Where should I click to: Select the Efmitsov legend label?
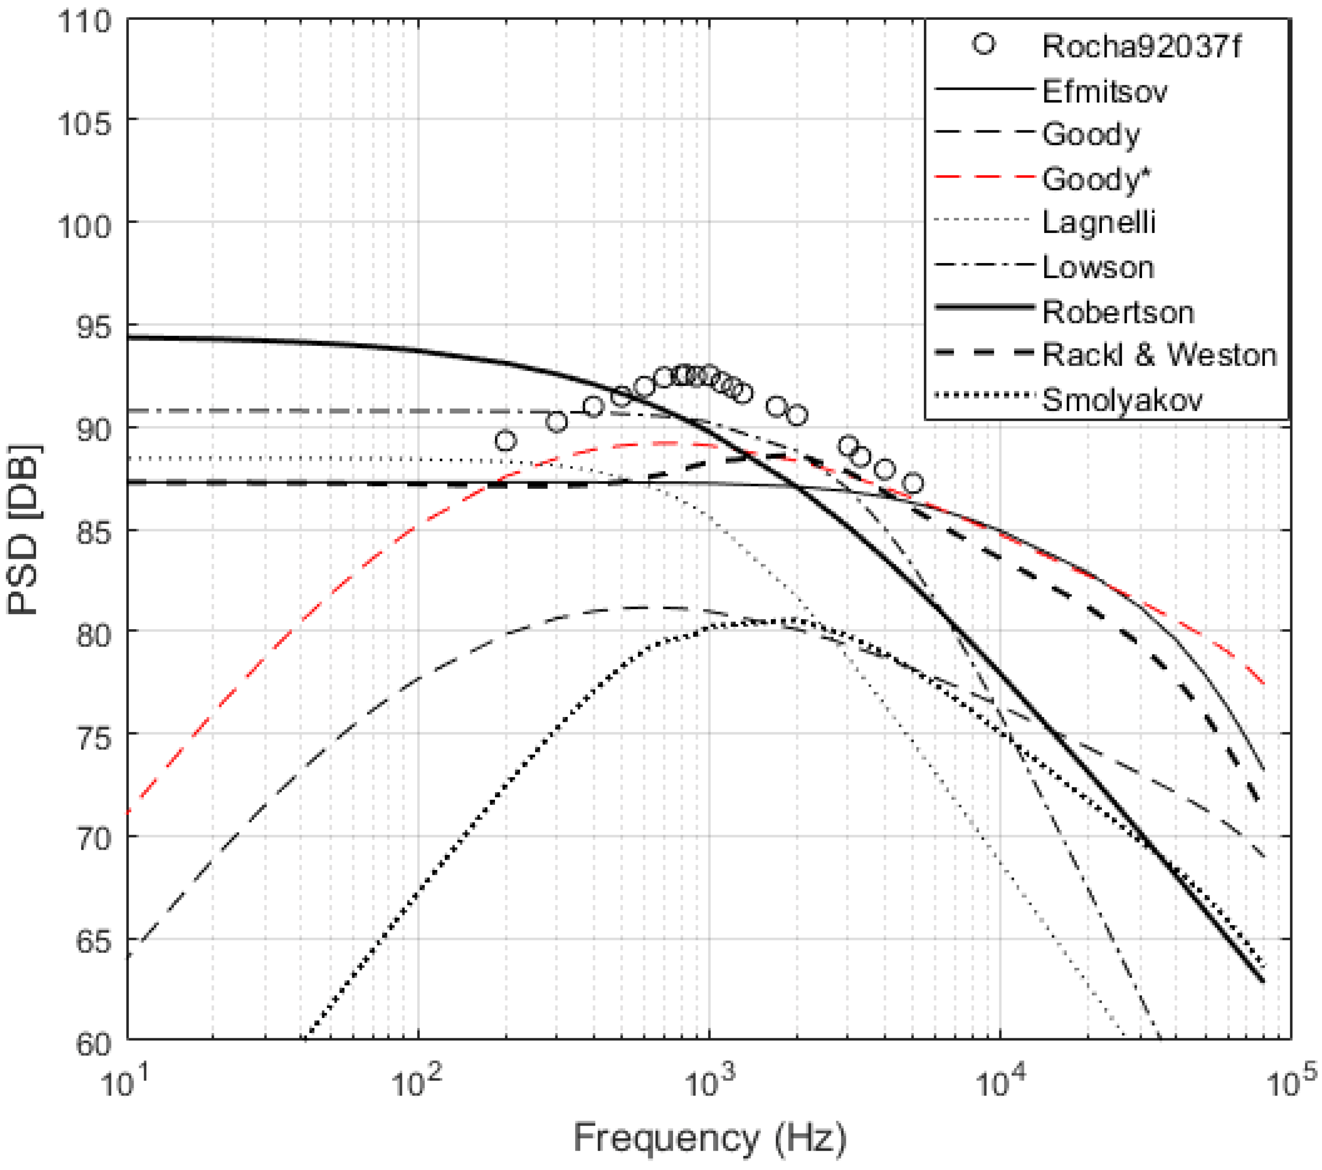click(1104, 91)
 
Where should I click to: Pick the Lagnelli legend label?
click(1098, 222)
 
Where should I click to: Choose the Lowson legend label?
click(1098, 267)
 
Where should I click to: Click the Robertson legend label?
click(1117, 312)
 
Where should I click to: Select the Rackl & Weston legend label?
click(1159, 355)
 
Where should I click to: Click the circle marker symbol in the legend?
click(984, 44)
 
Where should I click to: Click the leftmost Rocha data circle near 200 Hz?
click(505, 442)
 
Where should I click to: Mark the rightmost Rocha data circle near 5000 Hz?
click(912, 483)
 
